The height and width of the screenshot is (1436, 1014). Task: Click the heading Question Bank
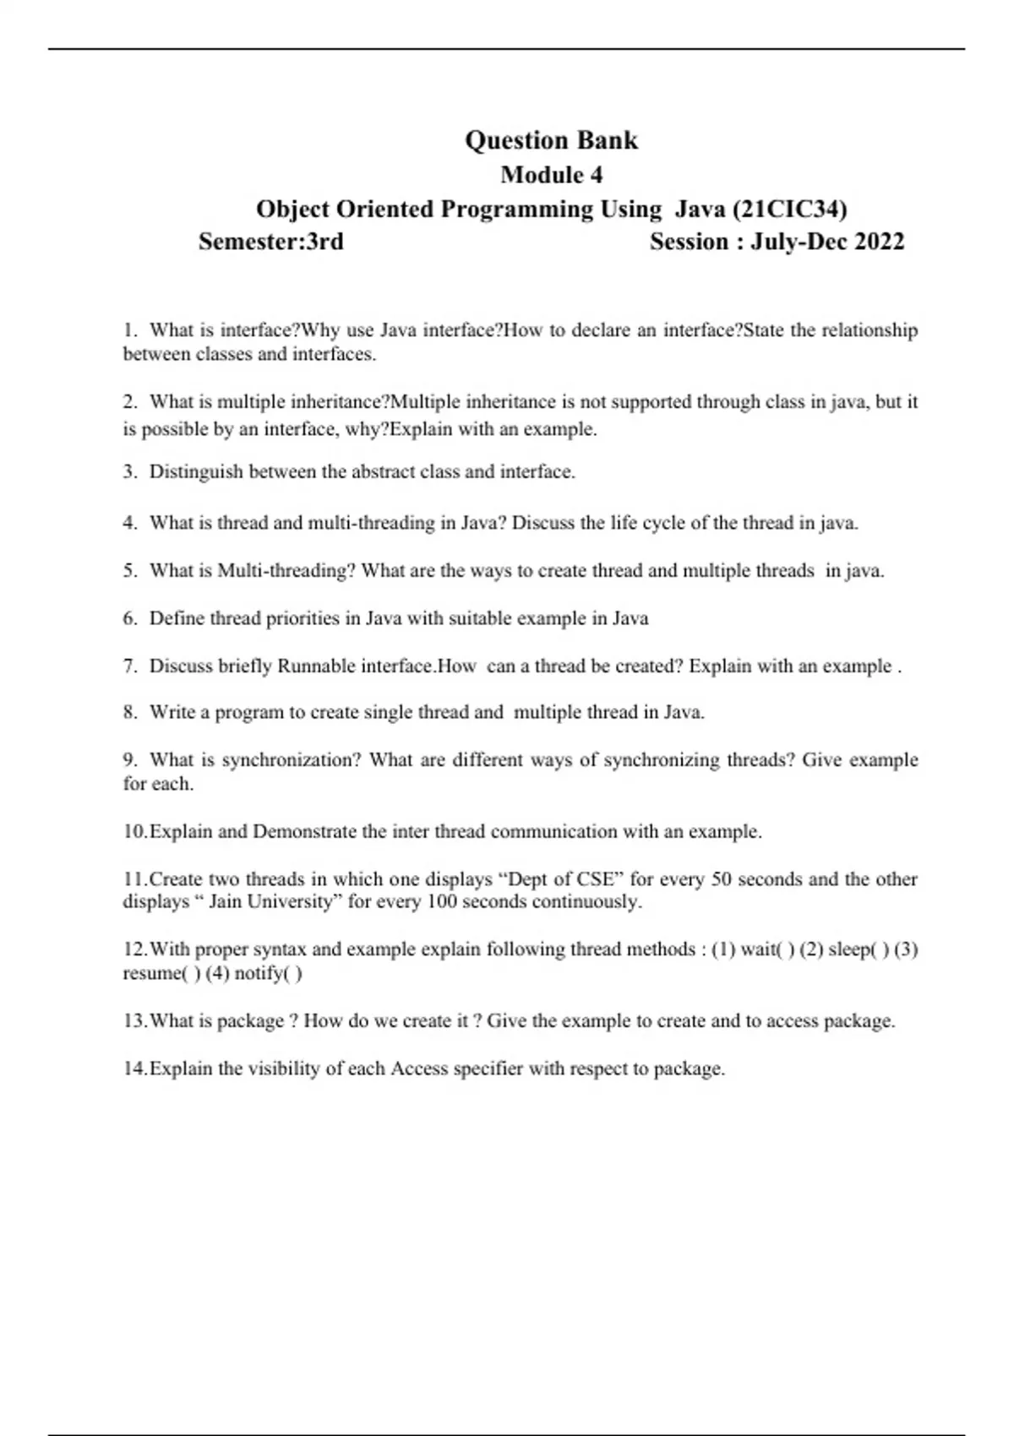point(551,140)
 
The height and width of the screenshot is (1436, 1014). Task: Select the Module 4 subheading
point(551,175)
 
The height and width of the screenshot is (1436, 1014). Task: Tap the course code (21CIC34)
point(790,209)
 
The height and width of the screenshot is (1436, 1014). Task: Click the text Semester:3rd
point(271,242)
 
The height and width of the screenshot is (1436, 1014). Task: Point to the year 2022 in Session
point(879,242)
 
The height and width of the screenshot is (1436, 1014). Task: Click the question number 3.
point(129,472)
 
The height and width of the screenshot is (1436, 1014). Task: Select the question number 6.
point(129,618)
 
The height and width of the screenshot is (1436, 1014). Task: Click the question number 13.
point(134,1021)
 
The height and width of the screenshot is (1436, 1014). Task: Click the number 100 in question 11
point(441,902)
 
